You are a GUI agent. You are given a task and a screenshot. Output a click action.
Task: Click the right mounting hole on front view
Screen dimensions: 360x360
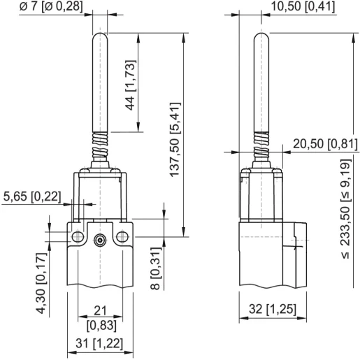point(124,239)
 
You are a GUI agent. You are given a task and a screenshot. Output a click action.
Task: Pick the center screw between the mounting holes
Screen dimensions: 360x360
point(99,240)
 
